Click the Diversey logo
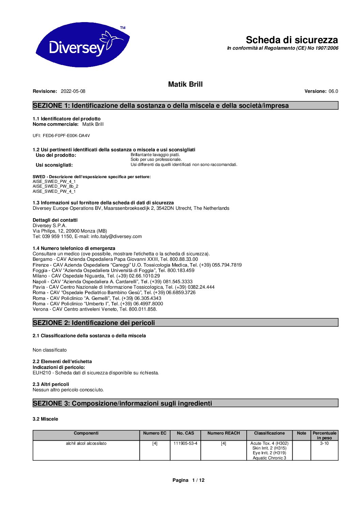(x=82, y=45)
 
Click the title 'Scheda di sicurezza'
(x=292, y=40)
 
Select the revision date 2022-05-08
(x=73, y=91)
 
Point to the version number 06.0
(x=333, y=91)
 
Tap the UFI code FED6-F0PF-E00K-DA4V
(x=66, y=136)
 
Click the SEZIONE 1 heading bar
(x=185, y=105)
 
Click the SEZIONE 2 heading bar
(x=185, y=322)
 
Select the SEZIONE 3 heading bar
(x=185, y=403)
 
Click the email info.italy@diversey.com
(x=116, y=236)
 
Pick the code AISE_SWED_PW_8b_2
(x=55, y=186)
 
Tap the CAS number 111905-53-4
(x=185, y=443)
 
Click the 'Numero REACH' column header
(x=224, y=433)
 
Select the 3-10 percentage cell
(x=324, y=443)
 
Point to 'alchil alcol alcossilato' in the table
(x=86, y=443)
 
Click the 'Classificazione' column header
(x=269, y=433)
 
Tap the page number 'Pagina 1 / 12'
(x=189, y=480)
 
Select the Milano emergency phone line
(x=96, y=276)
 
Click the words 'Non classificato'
(x=50, y=350)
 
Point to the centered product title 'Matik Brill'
(x=185, y=84)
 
